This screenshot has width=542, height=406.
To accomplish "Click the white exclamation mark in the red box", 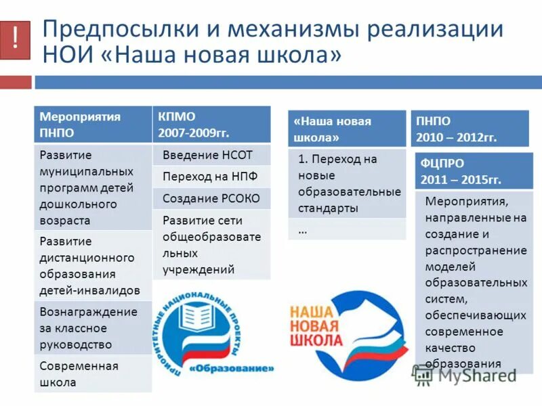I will [x=15, y=39].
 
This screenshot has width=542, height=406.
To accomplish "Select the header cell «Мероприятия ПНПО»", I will [x=93, y=125].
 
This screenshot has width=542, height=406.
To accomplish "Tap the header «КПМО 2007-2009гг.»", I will [x=211, y=125].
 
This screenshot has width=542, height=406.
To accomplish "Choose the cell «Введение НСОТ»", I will [x=211, y=155].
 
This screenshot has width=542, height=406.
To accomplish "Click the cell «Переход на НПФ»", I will [x=211, y=177].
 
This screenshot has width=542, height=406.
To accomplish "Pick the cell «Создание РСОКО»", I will [x=211, y=198].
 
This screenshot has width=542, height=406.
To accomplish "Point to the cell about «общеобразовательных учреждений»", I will [x=211, y=245].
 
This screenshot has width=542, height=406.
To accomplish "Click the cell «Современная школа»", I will [x=93, y=374].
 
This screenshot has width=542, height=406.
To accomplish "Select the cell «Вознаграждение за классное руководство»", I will [x=93, y=328].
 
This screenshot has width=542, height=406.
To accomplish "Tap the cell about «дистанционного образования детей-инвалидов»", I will [x=93, y=266].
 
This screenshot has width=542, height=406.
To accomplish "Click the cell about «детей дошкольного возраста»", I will [x=93, y=187].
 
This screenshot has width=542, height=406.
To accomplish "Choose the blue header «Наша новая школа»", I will [x=346, y=129].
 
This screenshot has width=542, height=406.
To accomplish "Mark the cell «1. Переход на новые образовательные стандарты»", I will [x=346, y=183].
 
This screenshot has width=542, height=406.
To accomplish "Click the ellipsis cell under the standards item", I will [x=346, y=229].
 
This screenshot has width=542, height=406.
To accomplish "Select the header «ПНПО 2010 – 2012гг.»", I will [x=469, y=129].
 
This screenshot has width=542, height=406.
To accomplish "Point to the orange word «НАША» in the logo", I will [x=312, y=312].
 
